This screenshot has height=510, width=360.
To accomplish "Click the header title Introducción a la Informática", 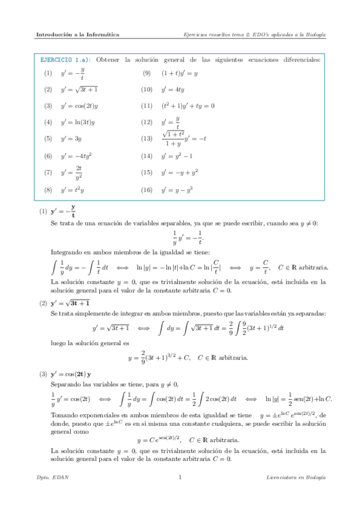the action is point(77,35).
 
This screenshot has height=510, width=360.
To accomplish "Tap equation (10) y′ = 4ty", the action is point(171,90).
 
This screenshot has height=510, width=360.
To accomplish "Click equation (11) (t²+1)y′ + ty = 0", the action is point(187,106).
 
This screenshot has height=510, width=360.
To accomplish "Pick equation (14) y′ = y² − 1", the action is point(176,156).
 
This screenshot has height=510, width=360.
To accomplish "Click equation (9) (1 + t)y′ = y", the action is point(179,73).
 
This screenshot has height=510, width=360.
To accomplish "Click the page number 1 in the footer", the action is point(180,478).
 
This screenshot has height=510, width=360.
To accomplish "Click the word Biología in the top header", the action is point(313,35).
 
